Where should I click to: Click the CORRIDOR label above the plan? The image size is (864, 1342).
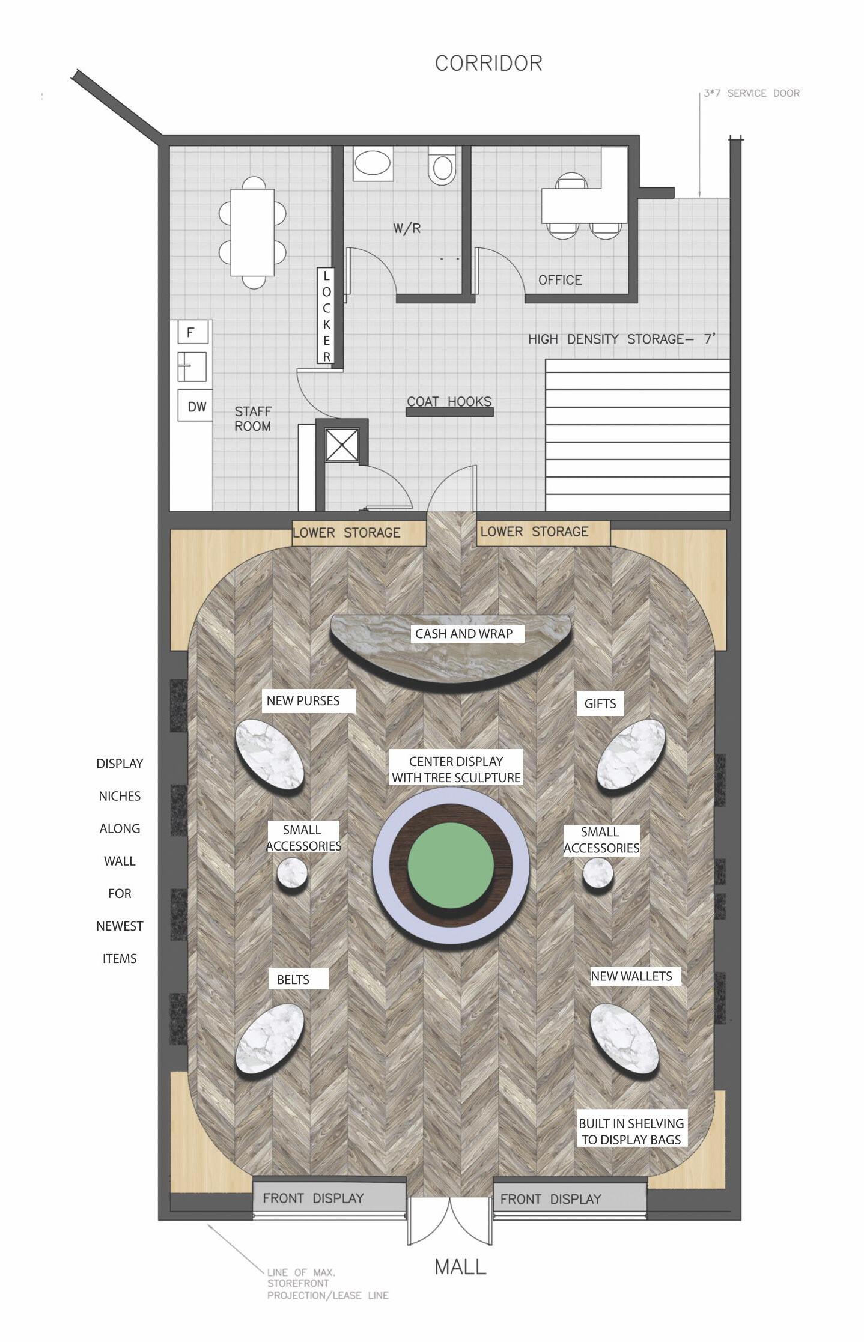pyautogui.click(x=488, y=63)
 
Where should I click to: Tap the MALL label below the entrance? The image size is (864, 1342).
pyautogui.click(x=460, y=1266)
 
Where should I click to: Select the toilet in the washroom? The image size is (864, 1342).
pyautogui.click(x=442, y=165)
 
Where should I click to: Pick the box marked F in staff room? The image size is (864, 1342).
pyautogui.click(x=193, y=332)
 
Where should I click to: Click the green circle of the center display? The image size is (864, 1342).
pyautogui.click(x=451, y=864)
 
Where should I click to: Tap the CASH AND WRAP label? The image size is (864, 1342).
pyautogui.click(x=464, y=633)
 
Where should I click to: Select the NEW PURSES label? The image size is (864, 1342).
pyautogui.click(x=303, y=700)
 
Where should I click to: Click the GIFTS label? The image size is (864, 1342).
pyautogui.click(x=600, y=703)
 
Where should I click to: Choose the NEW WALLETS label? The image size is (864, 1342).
pyautogui.click(x=631, y=976)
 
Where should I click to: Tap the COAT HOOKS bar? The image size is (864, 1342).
pyautogui.click(x=449, y=412)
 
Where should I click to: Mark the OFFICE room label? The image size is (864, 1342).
pyautogui.click(x=560, y=280)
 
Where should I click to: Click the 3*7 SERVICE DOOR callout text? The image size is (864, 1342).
pyautogui.click(x=752, y=93)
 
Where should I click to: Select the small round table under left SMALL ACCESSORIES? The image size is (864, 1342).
pyautogui.click(x=293, y=873)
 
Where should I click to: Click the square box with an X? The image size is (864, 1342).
pyautogui.click(x=342, y=445)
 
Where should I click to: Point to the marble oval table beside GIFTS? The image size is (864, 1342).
pyautogui.click(x=631, y=754)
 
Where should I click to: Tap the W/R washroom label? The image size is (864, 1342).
pyautogui.click(x=407, y=228)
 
